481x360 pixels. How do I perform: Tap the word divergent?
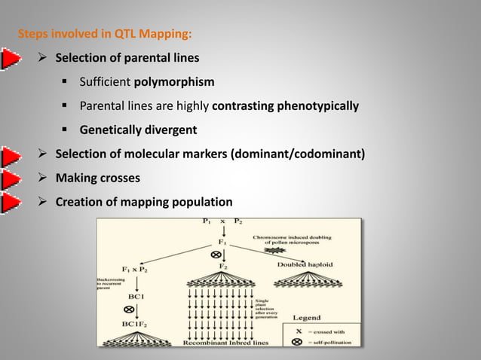click(x=165, y=130)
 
